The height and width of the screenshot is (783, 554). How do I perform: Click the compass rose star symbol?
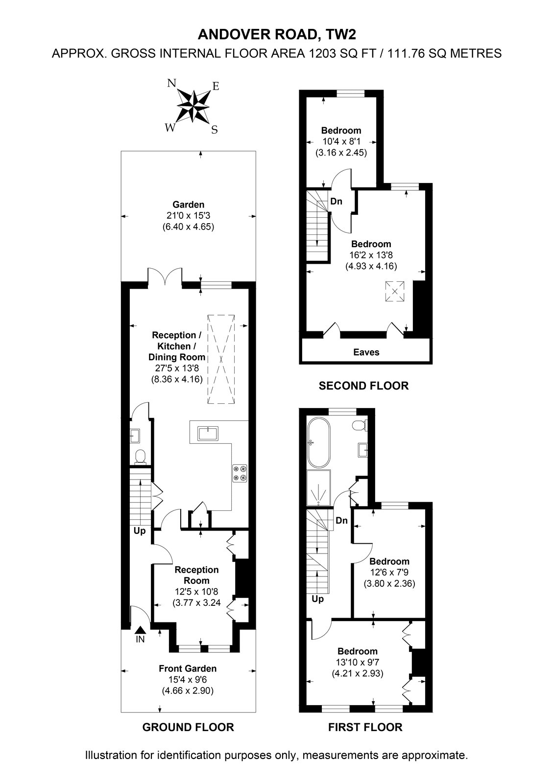click(x=193, y=106)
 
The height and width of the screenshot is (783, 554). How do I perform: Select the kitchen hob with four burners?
click(x=240, y=473)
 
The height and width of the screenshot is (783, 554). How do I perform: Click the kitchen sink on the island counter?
click(x=208, y=434)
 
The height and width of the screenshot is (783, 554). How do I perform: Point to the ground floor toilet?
click(x=141, y=457)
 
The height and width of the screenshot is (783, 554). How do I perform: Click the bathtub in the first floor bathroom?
click(x=318, y=442)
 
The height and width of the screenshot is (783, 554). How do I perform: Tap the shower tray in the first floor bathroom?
click(x=318, y=488)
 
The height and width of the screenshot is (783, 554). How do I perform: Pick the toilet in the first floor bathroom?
click(x=360, y=425)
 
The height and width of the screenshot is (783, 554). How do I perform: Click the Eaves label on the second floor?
click(x=366, y=352)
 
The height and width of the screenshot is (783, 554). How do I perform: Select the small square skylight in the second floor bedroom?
click(x=395, y=291)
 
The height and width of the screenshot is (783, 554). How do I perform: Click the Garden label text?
click(x=188, y=205)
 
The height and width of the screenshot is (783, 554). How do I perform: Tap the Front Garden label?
click(x=188, y=668)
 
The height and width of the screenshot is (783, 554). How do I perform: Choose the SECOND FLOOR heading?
click(x=363, y=386)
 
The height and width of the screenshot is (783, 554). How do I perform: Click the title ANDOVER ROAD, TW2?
click(x=277, y=35)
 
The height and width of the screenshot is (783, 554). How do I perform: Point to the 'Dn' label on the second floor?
click(x=336, y=201)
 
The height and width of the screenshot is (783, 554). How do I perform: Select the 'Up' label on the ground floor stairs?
click(x=139, y=531)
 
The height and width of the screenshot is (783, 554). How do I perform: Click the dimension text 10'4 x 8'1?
click(x=341, y=141)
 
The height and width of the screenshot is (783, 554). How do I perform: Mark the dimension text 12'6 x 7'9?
click(x=389, y=572)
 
